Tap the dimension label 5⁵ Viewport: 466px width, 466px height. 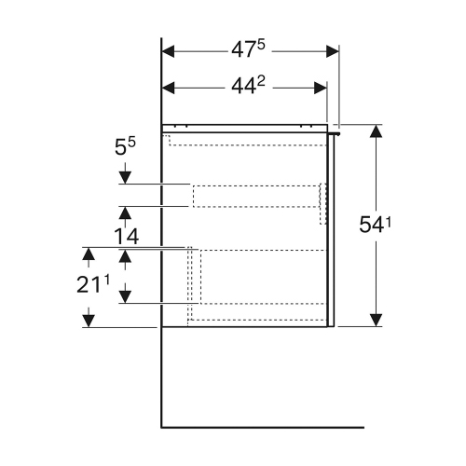coord(126,147)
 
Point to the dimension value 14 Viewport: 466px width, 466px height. coord(126,238)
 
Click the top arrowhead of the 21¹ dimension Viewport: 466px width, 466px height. coord(89,254)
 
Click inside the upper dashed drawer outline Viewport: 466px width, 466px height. coord(256,195)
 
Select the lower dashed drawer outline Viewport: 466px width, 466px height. coord(256,277)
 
